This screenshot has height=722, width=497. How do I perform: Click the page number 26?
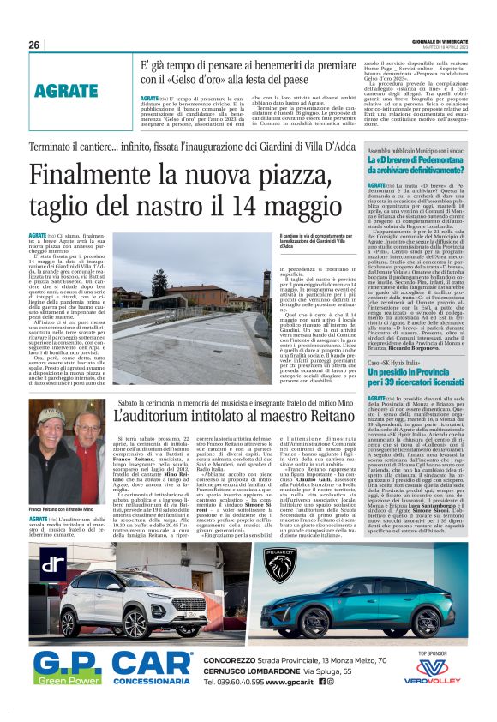point(34,45)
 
